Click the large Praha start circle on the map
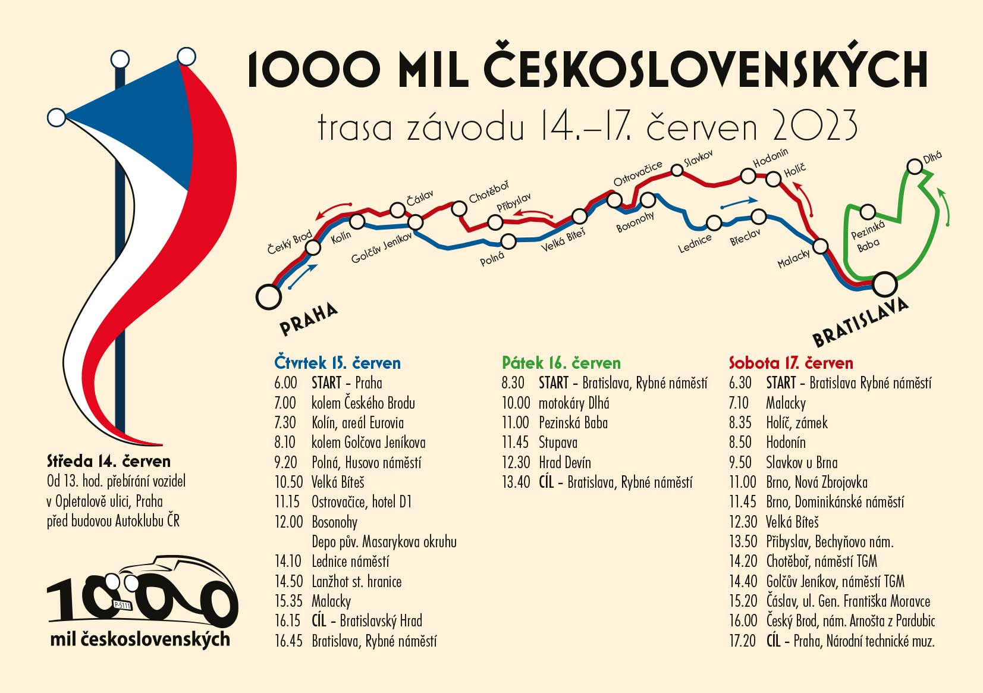click(x=268, y=296)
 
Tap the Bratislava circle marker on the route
click(x=884, y=284)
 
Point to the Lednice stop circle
click(x=714, y=223)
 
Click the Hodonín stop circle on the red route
click(x=748, y=175)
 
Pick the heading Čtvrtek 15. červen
click(x=337, y=363)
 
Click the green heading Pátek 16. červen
click(x=561, y=363)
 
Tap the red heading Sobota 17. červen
click(x=791, y=363)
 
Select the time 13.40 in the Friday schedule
click(x=516, y=482)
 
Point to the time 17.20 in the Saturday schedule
click(x=743, y=641)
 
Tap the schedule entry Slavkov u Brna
click(x=802, y=462)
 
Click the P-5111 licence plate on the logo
click(x=121, y=606)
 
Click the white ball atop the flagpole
click(x=120, y=59)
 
